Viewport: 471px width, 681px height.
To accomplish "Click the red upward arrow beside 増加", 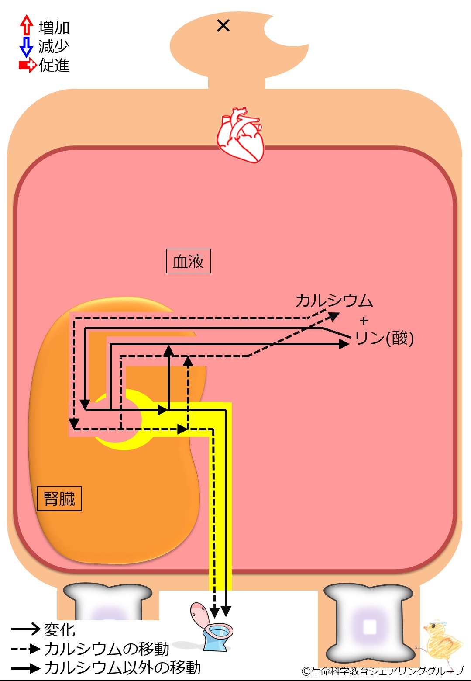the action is tap(27, 25).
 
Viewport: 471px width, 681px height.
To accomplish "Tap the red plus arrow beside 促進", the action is tap(28, 65).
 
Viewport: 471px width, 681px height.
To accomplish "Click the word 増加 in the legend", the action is tap(54, 28).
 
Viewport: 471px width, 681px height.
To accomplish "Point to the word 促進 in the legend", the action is tap(54, 66).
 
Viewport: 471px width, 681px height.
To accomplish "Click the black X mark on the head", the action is tap(223, 26).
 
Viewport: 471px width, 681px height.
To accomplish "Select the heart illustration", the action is tap(240, 135).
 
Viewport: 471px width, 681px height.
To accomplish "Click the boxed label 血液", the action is tap(188, 261).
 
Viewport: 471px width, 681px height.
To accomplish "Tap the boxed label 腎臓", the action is tap(59, 498).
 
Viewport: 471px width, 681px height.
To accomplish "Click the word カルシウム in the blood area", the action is tap(334, 301).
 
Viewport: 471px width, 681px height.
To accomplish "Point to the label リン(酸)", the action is tap(384, 338).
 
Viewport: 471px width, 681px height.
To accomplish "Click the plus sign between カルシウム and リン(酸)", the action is tap(364, 321).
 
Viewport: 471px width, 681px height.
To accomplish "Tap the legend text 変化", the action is tap(59, 629).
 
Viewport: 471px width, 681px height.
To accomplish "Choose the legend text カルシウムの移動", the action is tap(107, 649).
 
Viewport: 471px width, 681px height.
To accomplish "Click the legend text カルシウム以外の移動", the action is tap(123, 668).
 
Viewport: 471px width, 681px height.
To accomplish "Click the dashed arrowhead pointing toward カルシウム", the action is tap(333, 317).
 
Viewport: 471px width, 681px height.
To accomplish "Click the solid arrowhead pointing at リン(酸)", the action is tap(344, 344).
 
